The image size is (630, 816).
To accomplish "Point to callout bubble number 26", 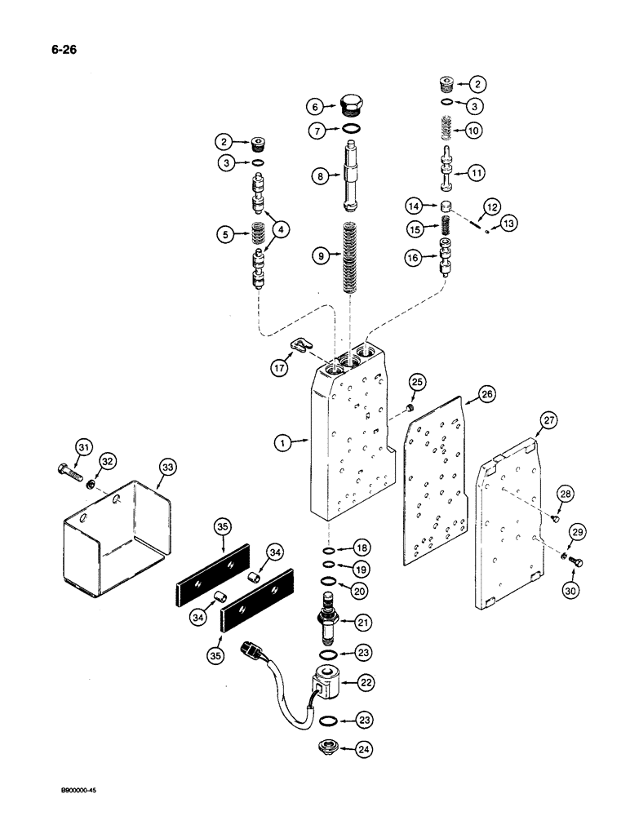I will coord(486,395).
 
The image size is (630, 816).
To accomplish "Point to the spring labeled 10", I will coord(446,129).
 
